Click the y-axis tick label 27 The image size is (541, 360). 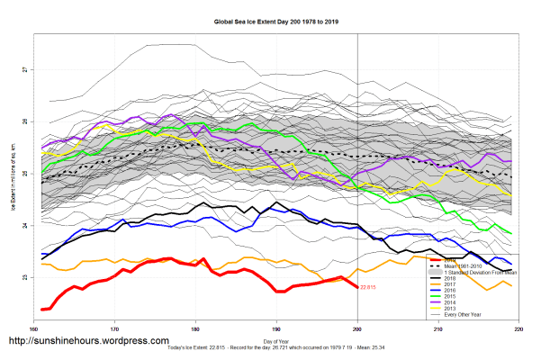26,69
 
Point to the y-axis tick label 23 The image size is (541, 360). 26,277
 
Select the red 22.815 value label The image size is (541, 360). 367,288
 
